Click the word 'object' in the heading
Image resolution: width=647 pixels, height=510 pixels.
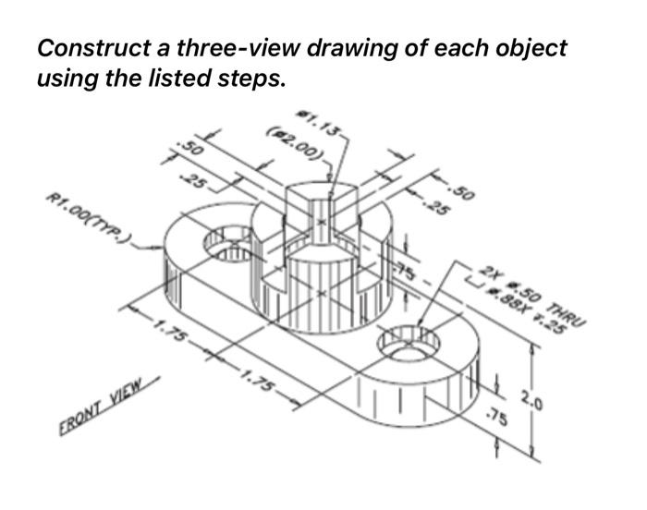(x=529, y=47)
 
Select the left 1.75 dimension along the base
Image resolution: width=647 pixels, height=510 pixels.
(x=167, y=330)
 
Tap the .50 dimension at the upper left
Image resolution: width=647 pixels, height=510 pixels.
(x=190, y=149)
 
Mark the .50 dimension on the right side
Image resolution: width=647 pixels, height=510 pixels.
(x=462, y=195)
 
